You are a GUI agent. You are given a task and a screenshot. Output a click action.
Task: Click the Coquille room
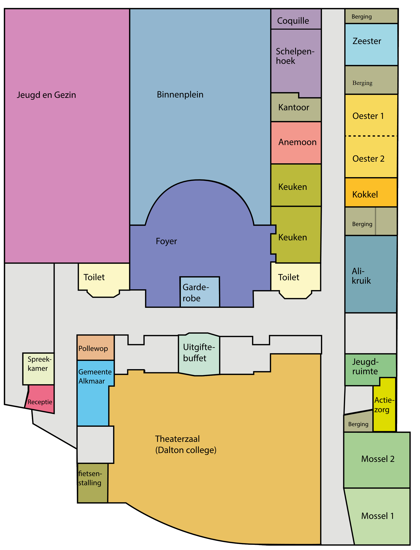click(296, 19)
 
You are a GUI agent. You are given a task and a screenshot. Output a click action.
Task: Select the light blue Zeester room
click(371, 45)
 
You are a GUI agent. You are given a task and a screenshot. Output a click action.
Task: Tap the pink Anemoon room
click(296, 143)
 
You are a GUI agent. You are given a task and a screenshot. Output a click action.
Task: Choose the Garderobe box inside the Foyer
click(200, 292)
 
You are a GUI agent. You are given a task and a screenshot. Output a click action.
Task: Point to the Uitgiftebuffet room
click(199, 354)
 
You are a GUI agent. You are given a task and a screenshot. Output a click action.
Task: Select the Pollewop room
click(96, 348)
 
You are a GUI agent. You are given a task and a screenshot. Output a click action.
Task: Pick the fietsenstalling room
click(92, 483)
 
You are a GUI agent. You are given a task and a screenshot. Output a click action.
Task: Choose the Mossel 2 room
click(377, 460)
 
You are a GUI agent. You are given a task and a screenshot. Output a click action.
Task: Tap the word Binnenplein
click(180, 95)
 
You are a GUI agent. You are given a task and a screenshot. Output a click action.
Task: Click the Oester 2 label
click(368, 159)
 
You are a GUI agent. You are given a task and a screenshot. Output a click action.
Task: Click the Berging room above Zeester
click(371, 16)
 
